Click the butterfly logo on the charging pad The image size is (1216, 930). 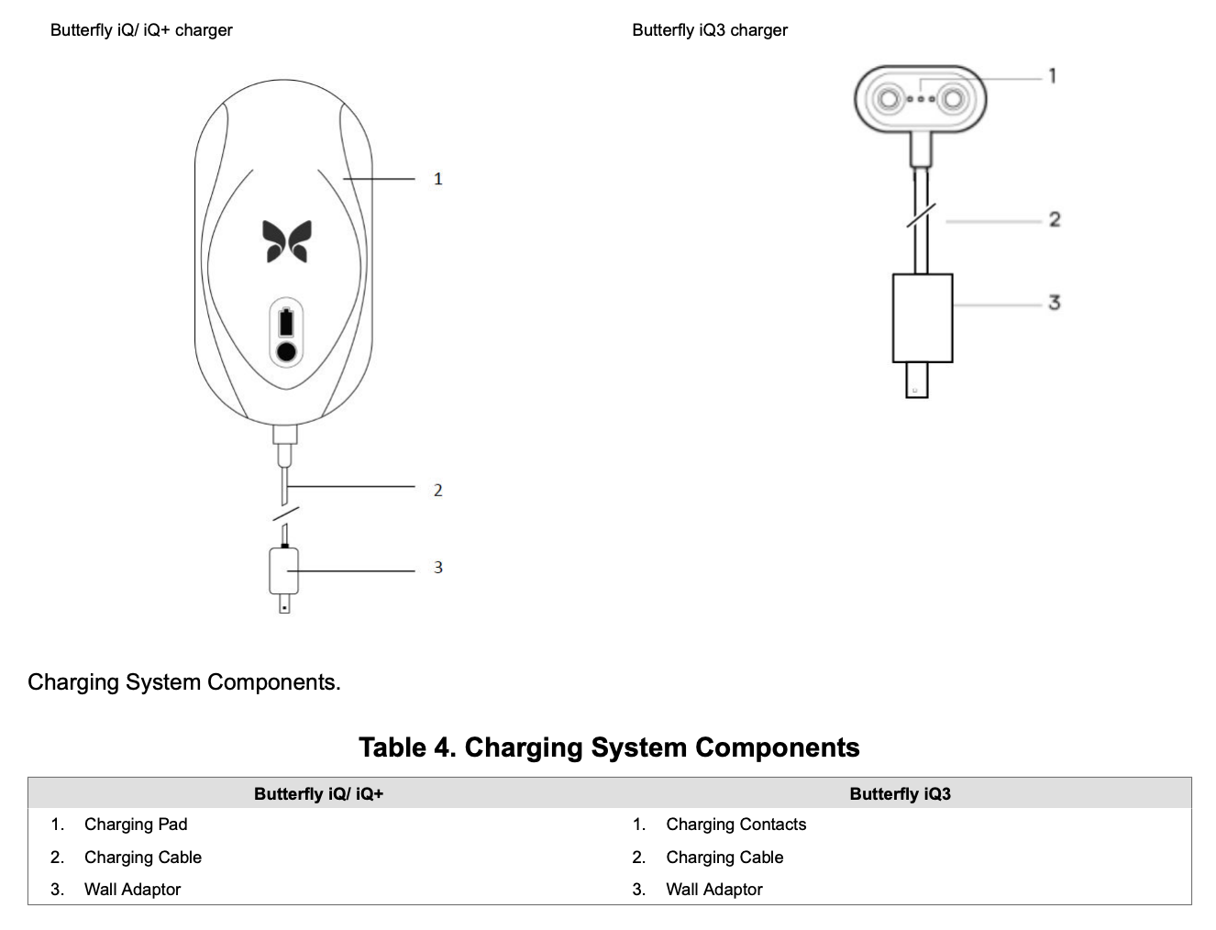click(286, 241)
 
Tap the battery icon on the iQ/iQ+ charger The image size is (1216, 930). click(286, 322)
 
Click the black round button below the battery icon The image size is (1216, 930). click(286, 351)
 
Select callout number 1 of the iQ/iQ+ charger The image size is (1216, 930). click(437, 179)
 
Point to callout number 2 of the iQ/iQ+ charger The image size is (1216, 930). click(437, 490)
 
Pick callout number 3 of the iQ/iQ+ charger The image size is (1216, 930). click(437, 567)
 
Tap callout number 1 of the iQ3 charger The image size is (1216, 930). click(1053, 75)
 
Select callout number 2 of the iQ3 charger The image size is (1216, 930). click(1055, 219)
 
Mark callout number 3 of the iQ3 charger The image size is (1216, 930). click(1055, 303)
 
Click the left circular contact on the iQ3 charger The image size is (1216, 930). click(889, 99)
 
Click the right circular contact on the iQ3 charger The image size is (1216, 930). click(953, 99)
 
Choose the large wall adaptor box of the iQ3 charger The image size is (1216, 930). click(923, 318)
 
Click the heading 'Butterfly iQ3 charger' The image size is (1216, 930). click(710, 30)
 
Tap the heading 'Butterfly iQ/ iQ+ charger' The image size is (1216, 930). click(141, 30)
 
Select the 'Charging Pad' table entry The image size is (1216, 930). click(136, 825)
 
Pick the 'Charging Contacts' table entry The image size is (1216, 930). click(735, 825)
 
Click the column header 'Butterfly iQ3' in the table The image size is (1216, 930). click(901, 793)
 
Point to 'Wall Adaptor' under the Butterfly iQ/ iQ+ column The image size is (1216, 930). click(132, 889)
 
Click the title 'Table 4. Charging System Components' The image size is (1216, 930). click(610, 747)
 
